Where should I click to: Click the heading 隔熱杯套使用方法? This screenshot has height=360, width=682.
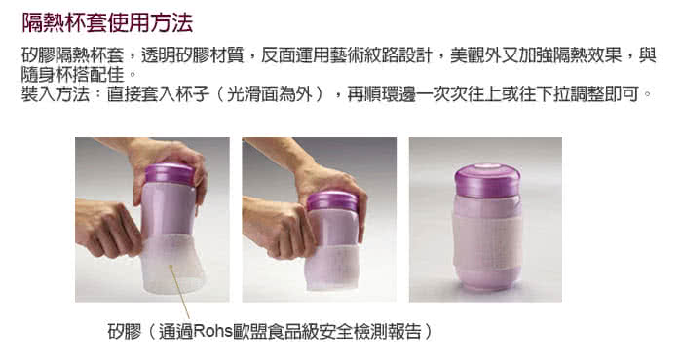(x=107, y=22)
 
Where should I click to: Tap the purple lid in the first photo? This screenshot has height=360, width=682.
(x=170, y=173)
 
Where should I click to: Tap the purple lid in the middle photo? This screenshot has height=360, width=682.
(x=332, y=201)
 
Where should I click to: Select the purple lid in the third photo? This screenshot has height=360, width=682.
(x=487, y=180)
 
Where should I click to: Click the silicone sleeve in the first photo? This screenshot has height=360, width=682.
(x=171, y=264)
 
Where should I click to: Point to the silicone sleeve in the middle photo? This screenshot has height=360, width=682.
(x=333, y=266)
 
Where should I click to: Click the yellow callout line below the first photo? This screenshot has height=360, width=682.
(x=180, y=292)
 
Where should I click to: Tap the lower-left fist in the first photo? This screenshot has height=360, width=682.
(x=109, y=228)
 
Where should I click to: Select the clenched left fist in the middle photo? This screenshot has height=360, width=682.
(x=279, y=228)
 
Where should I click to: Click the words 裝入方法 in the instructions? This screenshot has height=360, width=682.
(x=56, y=93)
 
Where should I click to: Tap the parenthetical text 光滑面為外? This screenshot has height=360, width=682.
(x=270, y=93)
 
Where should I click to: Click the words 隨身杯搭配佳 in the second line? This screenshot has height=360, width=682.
(x=73, y=75)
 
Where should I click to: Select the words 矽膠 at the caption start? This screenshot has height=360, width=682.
(x=125, y=331)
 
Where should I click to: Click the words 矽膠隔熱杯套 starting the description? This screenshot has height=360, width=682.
(x=73, y=55)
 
